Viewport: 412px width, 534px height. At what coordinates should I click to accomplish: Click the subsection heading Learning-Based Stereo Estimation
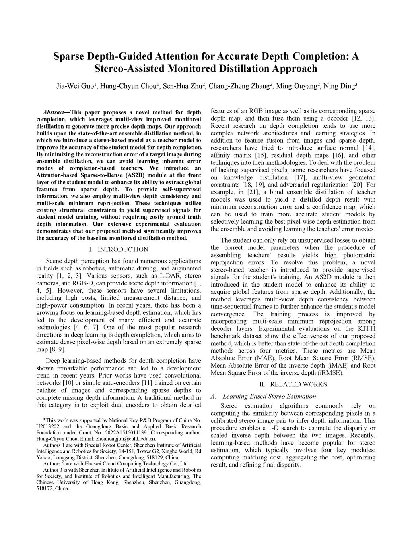click(269, 396)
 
